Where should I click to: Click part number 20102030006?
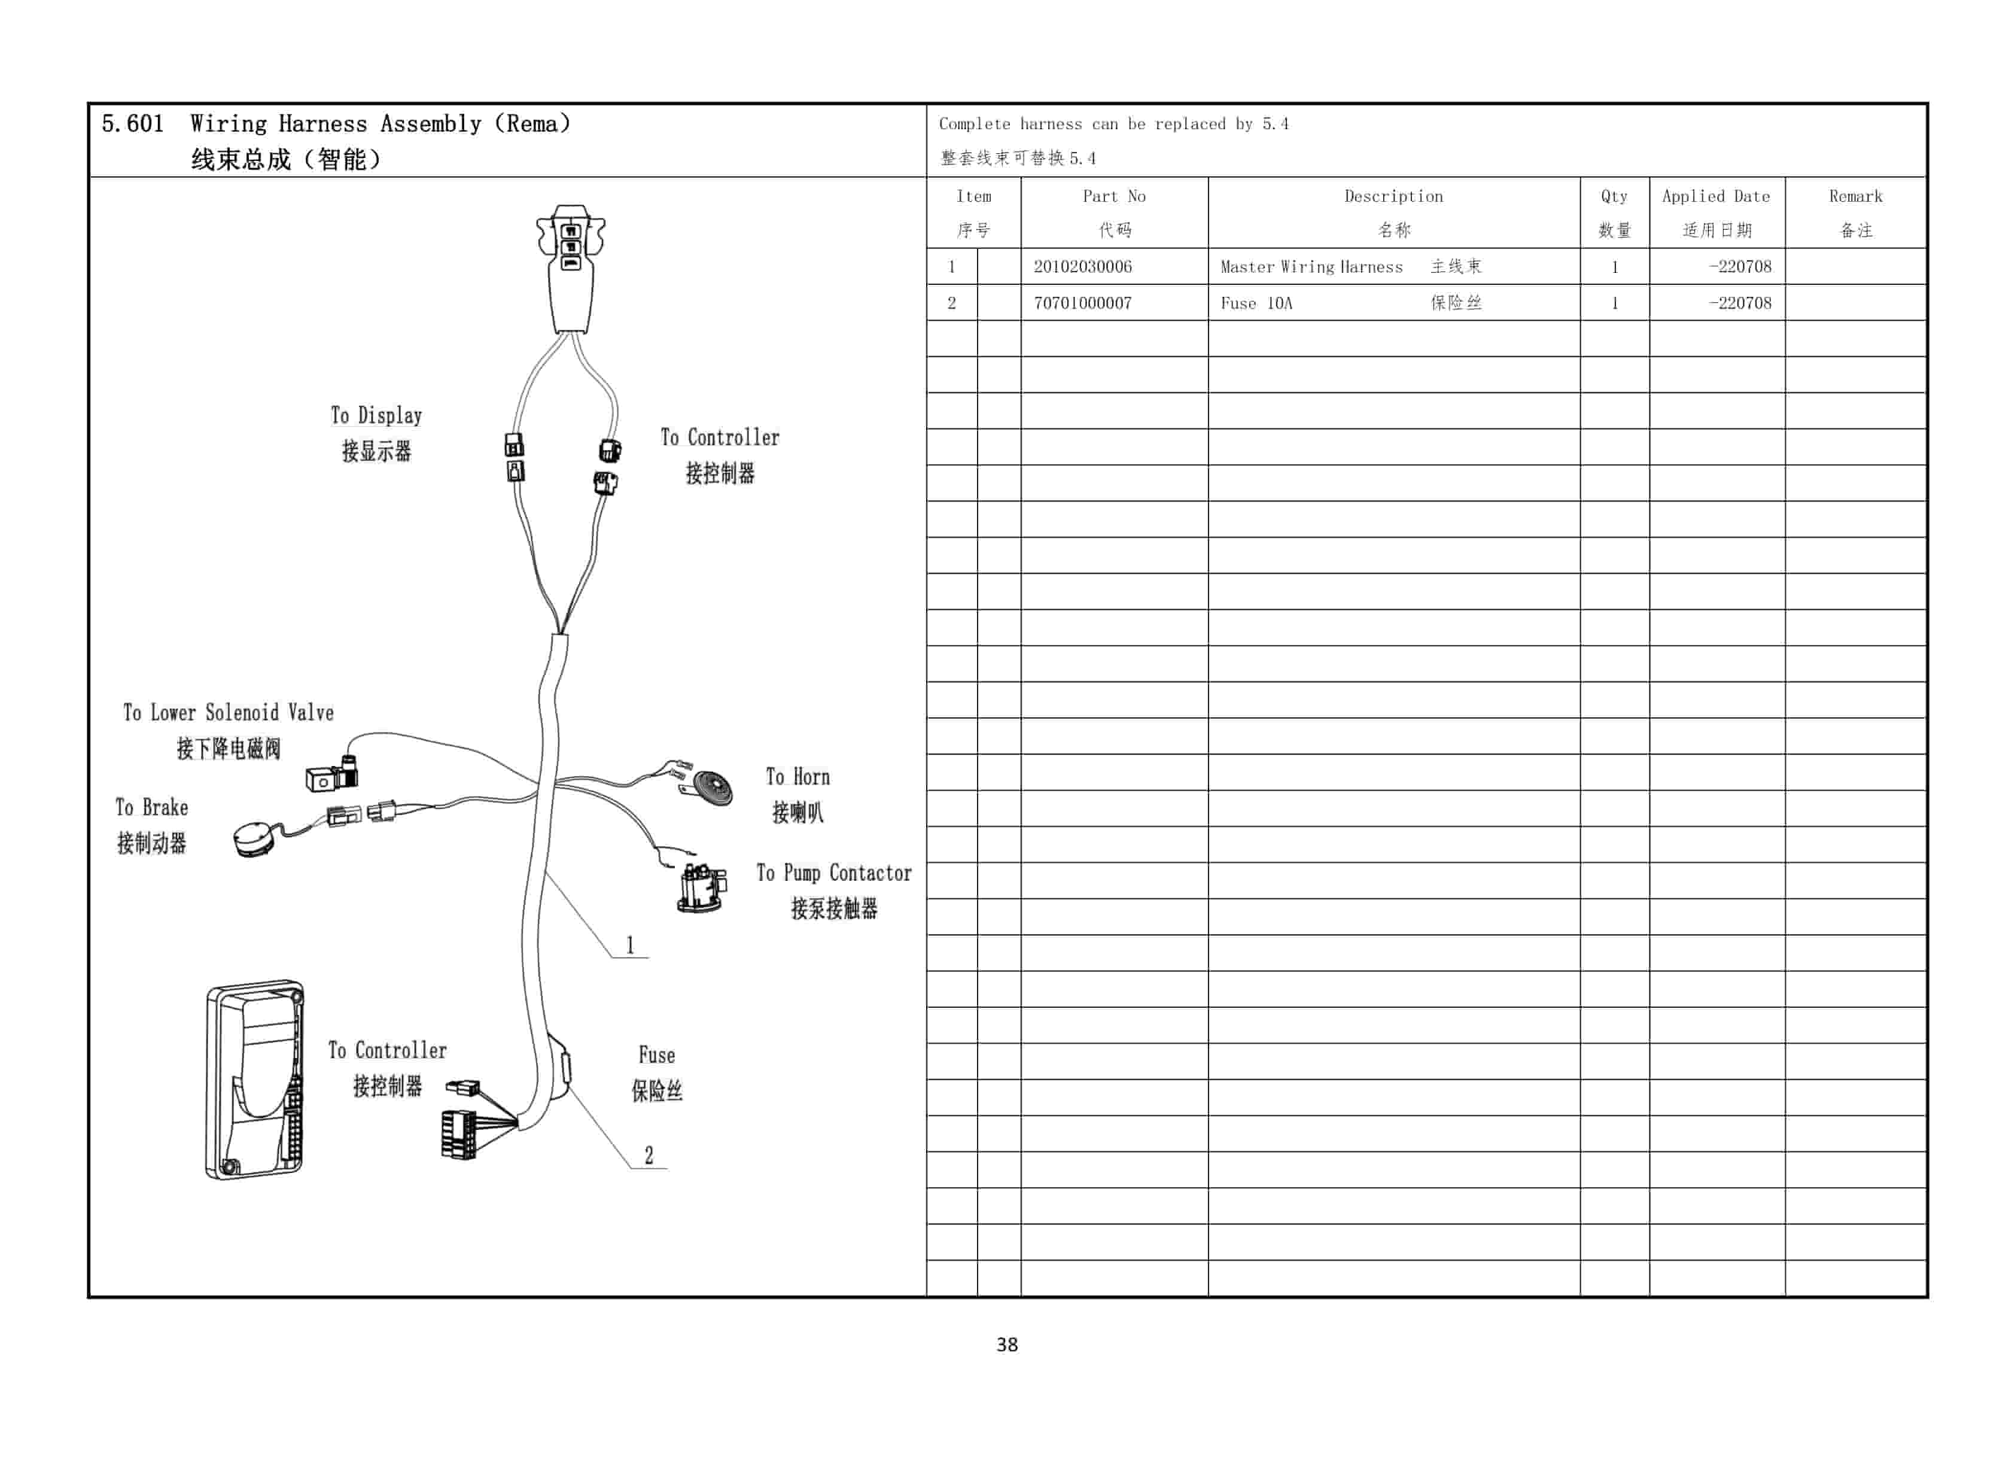click(1082, 266)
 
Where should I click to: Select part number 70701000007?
click(1082, 303)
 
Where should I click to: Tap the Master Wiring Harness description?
click(1311, 266)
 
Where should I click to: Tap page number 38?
click(1007, 1344)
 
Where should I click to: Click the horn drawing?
click(711, 788)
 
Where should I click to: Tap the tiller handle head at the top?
click(570, 266)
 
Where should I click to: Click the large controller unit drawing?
click(255, 1080)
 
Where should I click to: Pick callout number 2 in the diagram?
click(649, 1155)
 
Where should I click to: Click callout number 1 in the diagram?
click(630, 944)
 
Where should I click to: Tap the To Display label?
click(376, 416)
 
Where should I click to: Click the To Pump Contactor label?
click(833, 874)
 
